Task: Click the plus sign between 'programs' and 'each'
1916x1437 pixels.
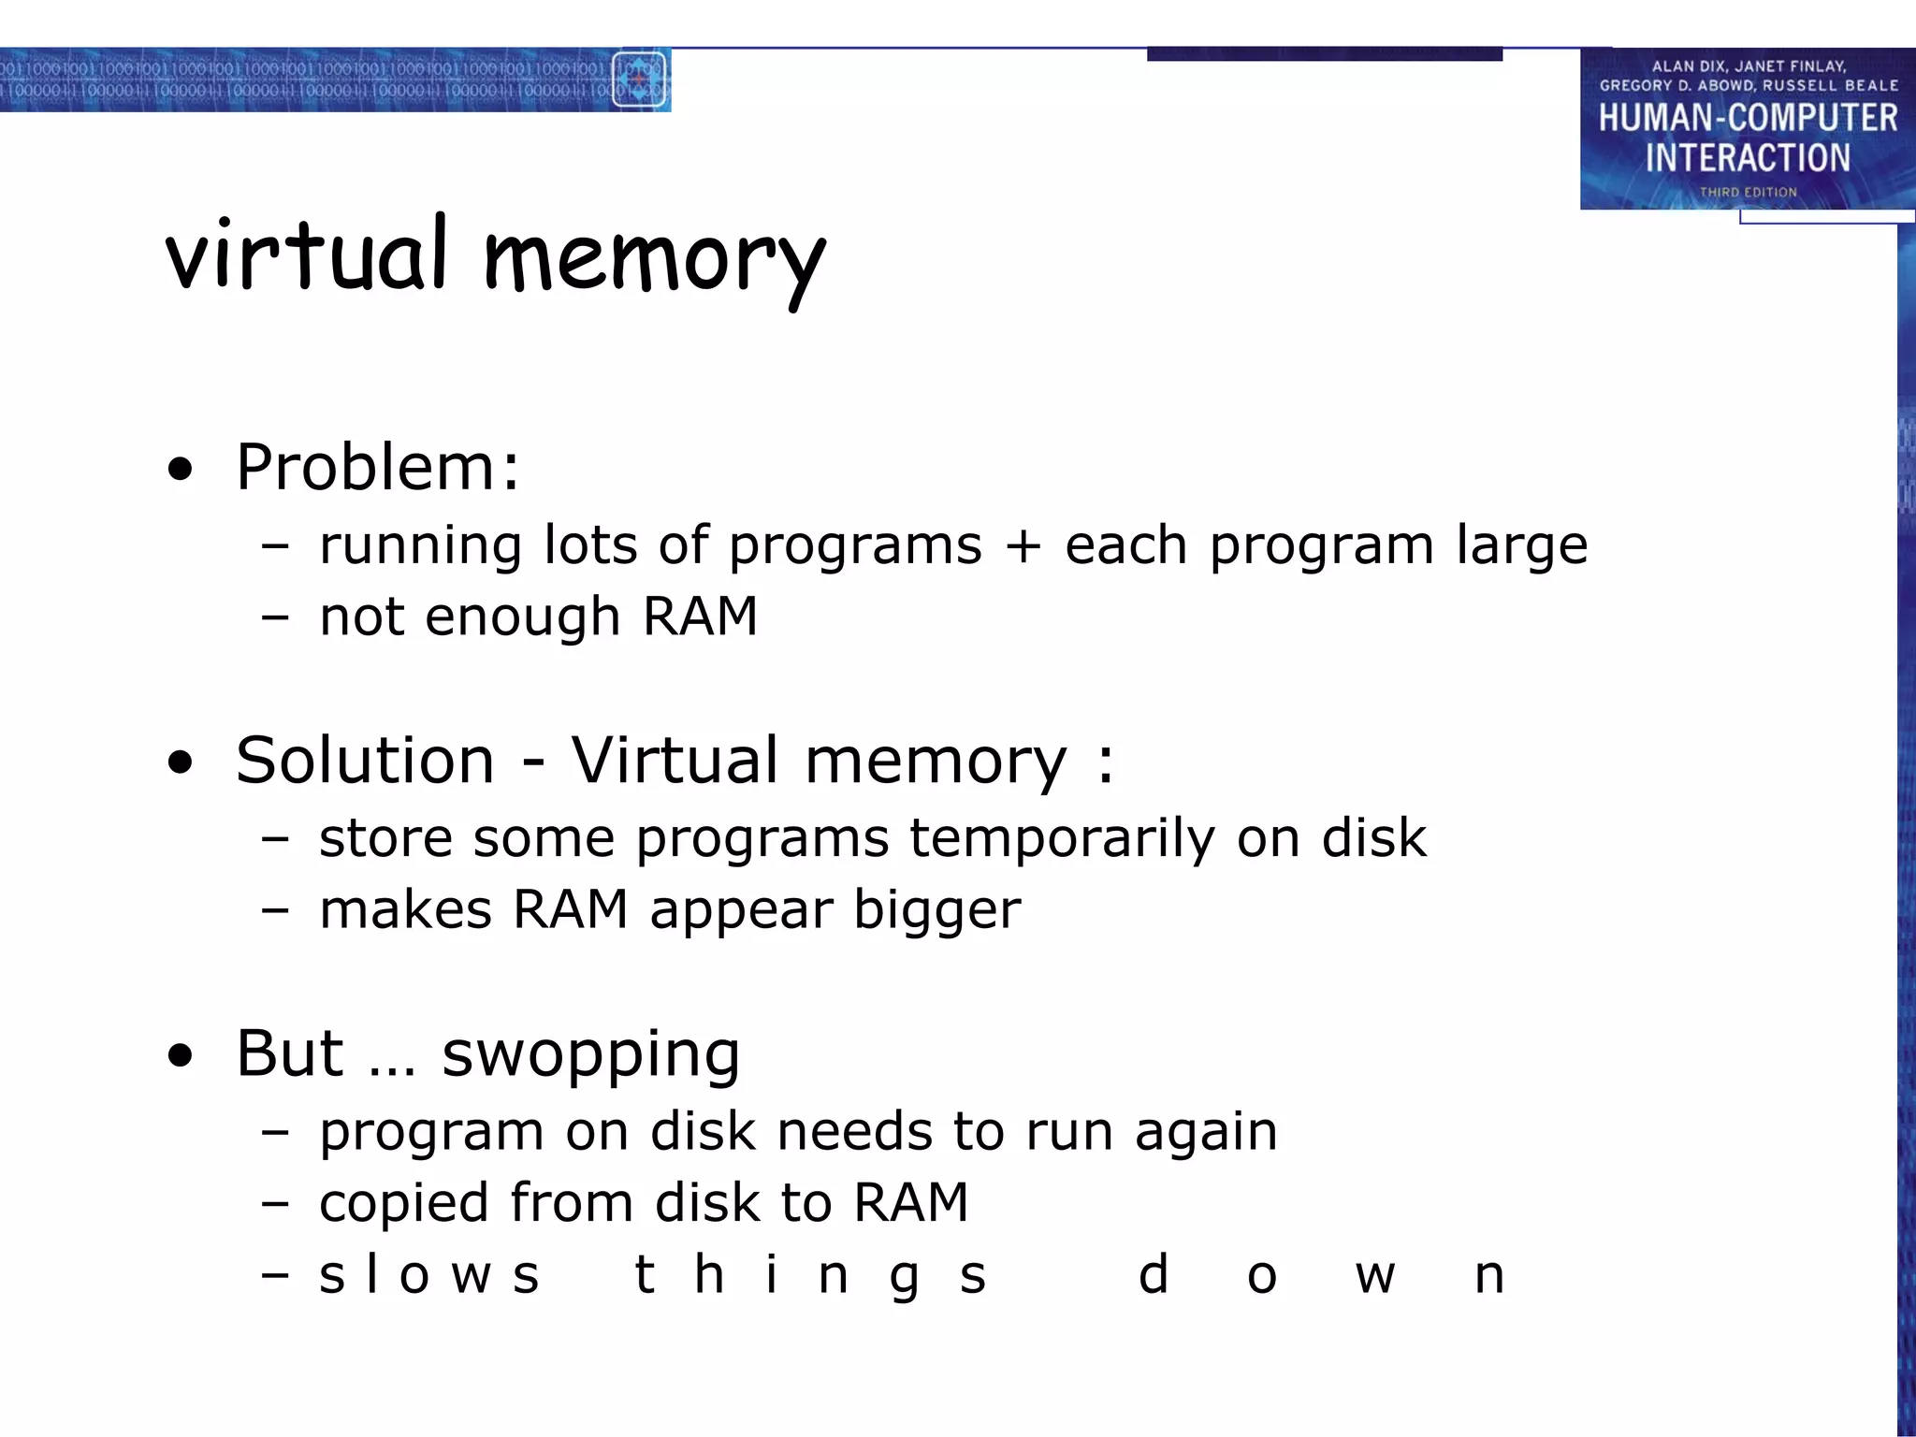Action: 1023,546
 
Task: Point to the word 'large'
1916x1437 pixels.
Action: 1521,546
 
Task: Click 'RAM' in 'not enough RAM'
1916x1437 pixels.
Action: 700,617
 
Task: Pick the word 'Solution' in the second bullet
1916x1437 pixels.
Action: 365,760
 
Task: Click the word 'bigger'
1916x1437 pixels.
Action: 936,911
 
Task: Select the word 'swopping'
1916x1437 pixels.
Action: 590,1054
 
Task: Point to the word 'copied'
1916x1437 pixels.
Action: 403,1204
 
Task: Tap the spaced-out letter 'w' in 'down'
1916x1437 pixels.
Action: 1375,1276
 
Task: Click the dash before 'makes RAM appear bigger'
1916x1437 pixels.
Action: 275,909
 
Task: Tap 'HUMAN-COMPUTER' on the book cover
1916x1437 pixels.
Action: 1748,118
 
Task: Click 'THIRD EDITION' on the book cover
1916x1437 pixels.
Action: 1748,192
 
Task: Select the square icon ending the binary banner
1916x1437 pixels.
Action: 639,80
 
